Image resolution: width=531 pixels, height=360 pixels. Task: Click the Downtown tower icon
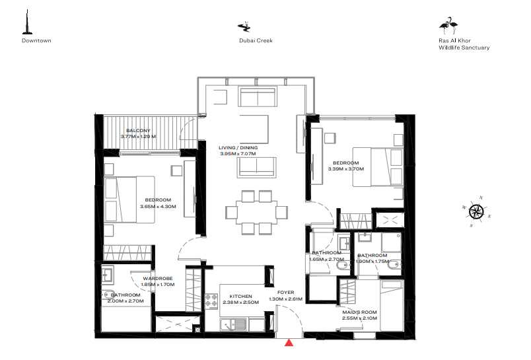26,23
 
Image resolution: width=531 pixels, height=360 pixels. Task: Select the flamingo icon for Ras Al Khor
448,25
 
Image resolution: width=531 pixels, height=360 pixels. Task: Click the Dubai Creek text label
256,40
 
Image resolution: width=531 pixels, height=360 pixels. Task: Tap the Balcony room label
139,130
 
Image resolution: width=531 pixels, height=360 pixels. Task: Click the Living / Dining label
238,147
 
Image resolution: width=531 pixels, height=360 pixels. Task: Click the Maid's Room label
359,312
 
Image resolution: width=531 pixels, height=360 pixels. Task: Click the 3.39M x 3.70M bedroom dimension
346,169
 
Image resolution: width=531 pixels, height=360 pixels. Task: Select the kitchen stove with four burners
211,301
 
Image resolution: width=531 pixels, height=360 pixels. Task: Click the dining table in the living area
256,212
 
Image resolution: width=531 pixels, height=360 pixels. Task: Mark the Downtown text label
36,40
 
